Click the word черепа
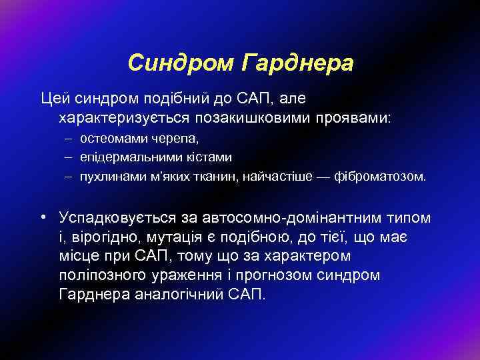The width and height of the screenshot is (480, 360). (x=163, y=140)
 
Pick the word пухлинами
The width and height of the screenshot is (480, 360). (x=108, y=178)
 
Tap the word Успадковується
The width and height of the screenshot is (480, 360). (x=118, y=218)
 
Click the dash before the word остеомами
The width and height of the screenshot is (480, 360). (x=69, y=140)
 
